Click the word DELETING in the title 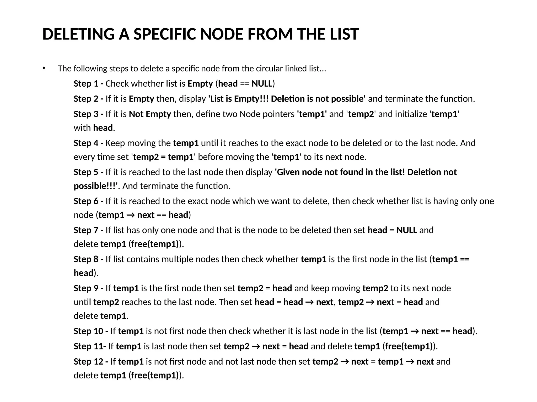tap(78, 34)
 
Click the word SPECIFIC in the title tap(165, 34)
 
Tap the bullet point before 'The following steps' tap(44, 68)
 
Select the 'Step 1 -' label tap(88, 84)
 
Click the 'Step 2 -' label tap(88, 99)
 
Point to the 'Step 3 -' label tap(88, 114)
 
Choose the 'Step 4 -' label tap(88, 143)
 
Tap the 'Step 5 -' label tap(88, 172)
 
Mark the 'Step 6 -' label tap(88, 201)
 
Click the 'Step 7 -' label tap(88, 230)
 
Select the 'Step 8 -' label tap(88, 259)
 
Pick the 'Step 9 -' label tap(88, 288)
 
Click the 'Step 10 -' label tap(91, 331)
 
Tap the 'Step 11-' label tap(90, 347)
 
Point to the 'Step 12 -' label tap(91, 362)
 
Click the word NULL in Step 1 tap(262, 84)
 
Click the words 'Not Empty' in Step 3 tap(150, 114)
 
